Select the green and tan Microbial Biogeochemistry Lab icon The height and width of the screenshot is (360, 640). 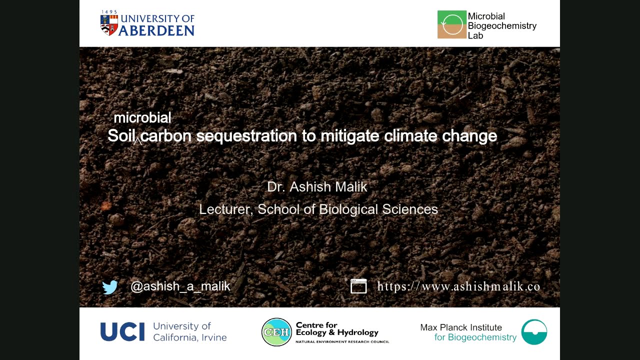(451, 24)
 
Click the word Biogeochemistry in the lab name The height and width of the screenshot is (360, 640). (502, 26)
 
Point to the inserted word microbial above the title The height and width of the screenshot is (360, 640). (142, 118)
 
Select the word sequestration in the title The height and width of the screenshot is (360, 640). (246, 136)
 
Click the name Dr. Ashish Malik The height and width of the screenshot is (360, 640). (317, 187)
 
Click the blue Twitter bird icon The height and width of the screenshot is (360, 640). (110, 287)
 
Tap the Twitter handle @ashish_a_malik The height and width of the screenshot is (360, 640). (180, 286)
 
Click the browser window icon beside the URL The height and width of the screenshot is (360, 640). (358, 286)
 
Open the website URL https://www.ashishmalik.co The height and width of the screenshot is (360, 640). (458, 286)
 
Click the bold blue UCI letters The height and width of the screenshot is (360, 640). (122, 332)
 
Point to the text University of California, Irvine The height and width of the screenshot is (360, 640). (189, 332)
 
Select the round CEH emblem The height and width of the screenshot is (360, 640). (276, 332)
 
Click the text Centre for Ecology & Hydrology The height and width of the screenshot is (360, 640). (337, 329)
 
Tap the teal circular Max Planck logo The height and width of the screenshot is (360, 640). (534, 332)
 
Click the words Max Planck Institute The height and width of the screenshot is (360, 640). (461, 327)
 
